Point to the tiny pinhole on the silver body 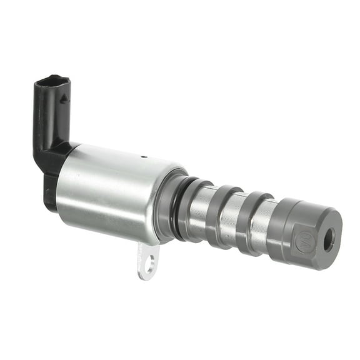[143, 157]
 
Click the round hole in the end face [329, 239]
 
